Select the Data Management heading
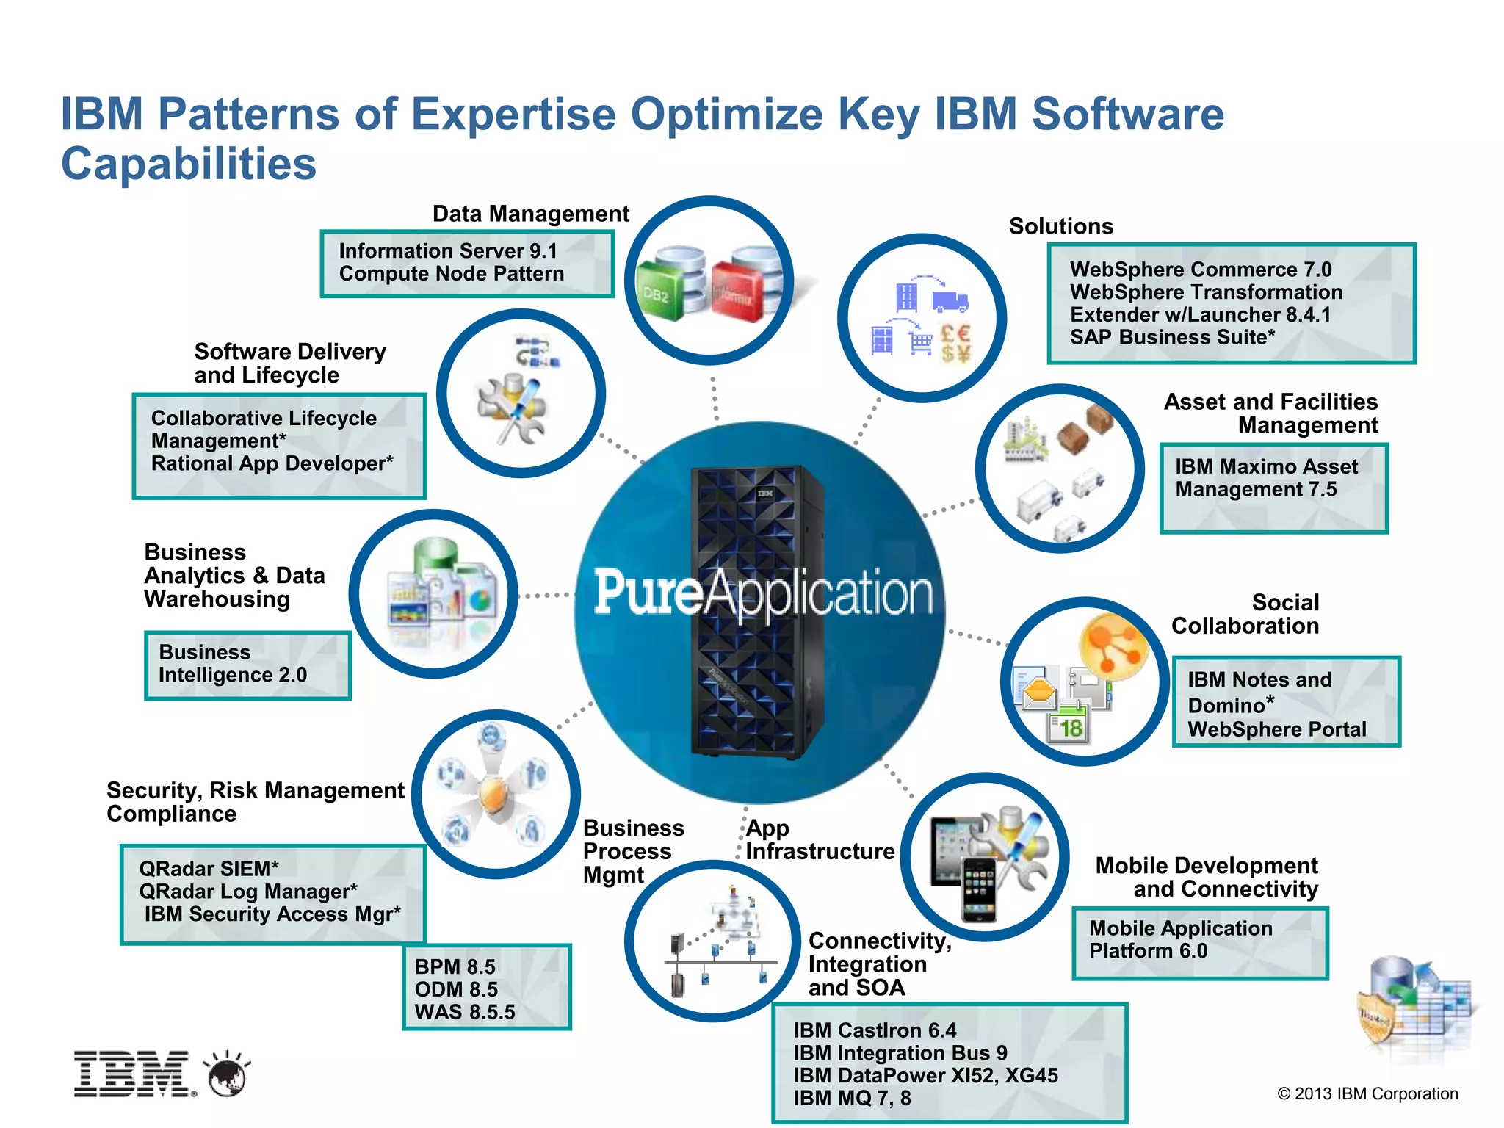(x=530, y=214)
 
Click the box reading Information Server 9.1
(x=467, y=263)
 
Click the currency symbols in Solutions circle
(x=955, y=343)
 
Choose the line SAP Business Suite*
(x=1172, y=337)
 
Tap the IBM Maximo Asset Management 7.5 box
(x=1273, y=488)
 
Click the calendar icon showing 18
(x=1069, y=723)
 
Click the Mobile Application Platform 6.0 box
(x=1200, y=943)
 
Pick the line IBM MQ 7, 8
(x=852, y=1098)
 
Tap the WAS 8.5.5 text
(x=465, y=1012)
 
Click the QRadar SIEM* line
(x=209, y=868)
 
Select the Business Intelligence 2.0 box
(x=247, y=665)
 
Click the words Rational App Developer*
(x=272, y=463)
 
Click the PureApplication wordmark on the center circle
(x=763, y=593)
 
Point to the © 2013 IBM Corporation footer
(x=1367, y=1093)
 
